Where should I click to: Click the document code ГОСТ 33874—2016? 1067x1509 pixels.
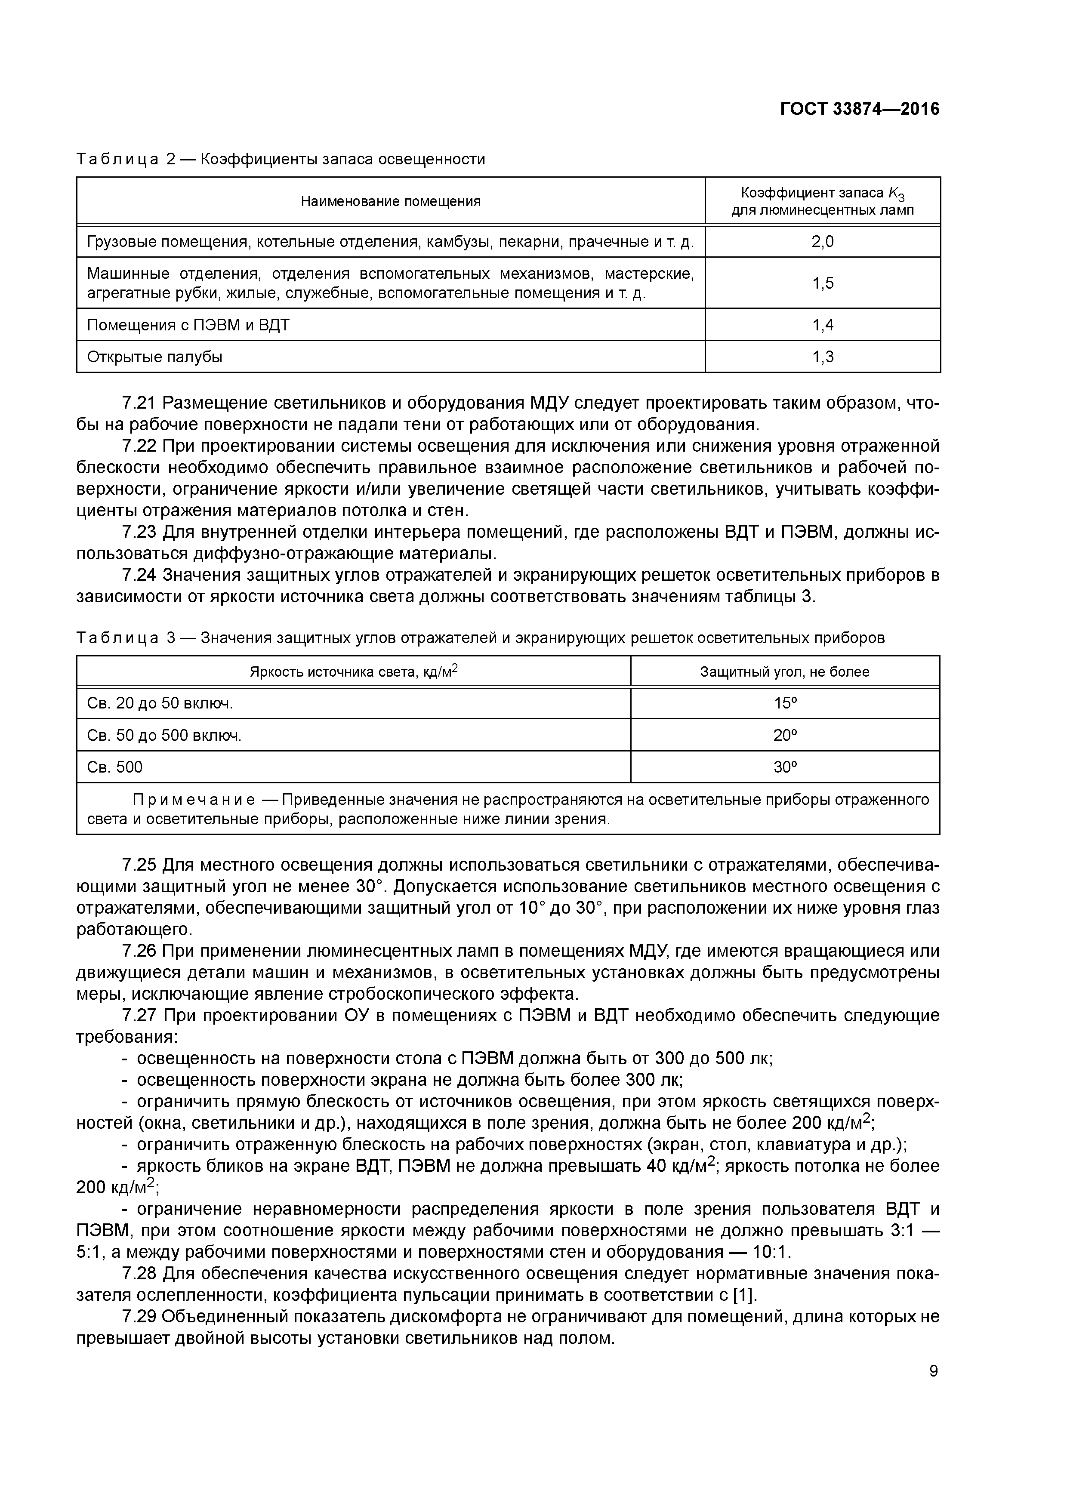click(x=859, y=109)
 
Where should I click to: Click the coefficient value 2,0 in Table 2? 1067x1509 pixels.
click(x=823, y=241)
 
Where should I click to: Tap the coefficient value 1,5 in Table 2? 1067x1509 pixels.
click(x=823, y=283)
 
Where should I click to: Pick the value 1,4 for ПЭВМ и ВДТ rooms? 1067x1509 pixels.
click(x=823, y=325)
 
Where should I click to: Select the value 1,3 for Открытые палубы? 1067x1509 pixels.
click(x=823, y=357)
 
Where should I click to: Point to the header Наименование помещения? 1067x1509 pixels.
click(x=391, y=201)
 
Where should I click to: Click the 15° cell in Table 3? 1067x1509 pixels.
click(x=785, y=703)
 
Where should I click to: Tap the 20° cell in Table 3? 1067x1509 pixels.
click(x=785, y=736)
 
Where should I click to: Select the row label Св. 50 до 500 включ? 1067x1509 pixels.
click(x=164, y=736)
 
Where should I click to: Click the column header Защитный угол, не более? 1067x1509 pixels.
click(x=784, y=671)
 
